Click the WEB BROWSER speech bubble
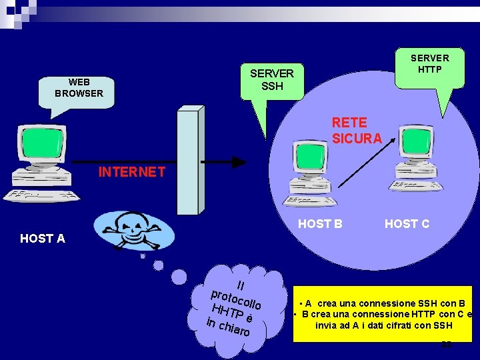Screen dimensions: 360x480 (x=79, y=88)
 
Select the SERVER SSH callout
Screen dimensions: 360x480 (x=271, y=80)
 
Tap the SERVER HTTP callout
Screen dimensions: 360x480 (x=429, y=64)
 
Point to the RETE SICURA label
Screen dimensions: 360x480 (x=357, y=131)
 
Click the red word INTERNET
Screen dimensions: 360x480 (x=131, y=172)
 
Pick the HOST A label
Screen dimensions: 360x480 (x=43, y=238)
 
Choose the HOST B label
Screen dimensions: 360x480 (x=320, y=224)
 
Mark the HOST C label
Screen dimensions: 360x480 (x=407, y=224)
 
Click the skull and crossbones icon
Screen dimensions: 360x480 (x=133, y=231)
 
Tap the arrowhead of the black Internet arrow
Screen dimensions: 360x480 (x=238, y=162)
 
